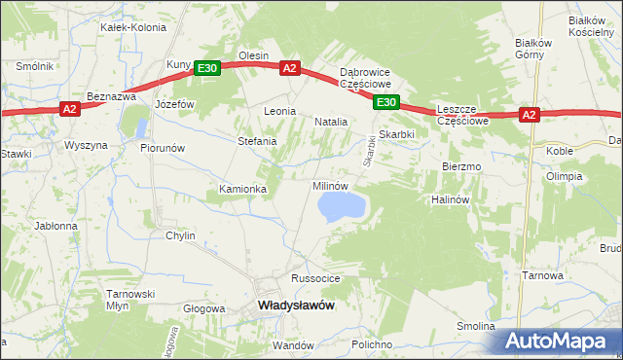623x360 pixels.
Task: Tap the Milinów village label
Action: point(329,185)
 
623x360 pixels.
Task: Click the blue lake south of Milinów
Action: point(341,204)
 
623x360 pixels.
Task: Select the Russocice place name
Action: point(315,278)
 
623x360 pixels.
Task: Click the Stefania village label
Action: point(258,141)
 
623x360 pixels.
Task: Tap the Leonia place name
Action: point(279,112)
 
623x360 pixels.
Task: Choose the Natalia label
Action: point(331,122)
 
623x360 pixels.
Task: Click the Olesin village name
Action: point(253,56)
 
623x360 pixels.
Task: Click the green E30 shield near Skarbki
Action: point(386,101)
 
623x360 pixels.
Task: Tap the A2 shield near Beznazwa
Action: point(69,109)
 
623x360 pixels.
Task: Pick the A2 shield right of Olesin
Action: point(290,67)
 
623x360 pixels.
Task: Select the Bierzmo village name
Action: point(461,166)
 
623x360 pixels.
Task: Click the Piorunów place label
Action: point(163,148)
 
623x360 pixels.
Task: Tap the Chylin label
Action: point(180,235)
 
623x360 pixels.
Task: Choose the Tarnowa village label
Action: point(542,275)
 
